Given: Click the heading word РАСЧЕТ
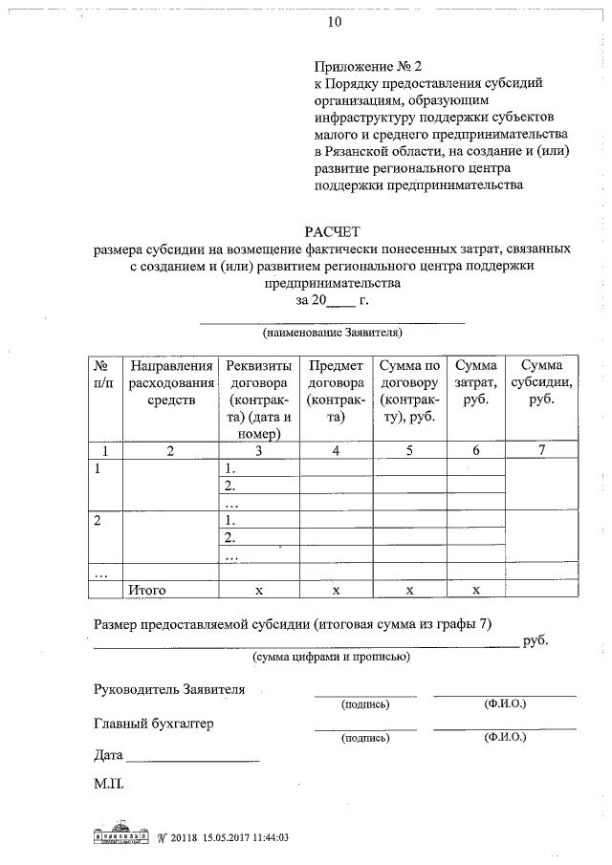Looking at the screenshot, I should tap(332, 232).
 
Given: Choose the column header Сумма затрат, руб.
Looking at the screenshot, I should tap(475, 382).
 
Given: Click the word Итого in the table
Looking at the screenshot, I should tap(148, 590).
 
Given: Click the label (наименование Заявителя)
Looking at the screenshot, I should tap(332, 334).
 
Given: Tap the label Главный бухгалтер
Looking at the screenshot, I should tap(154, 724).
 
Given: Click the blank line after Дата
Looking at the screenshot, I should tap(192, 759).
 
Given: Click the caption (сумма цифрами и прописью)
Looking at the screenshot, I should tap(332, 658).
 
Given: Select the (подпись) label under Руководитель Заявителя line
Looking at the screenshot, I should tap(365, 705).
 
